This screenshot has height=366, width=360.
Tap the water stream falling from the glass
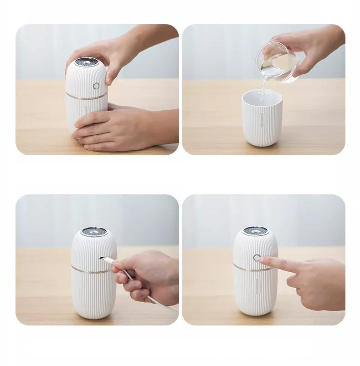(263, 89)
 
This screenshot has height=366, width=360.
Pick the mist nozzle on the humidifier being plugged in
(94, 231)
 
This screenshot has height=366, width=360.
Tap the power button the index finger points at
(257, 258)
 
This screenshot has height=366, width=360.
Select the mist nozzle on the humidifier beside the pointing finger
(255, 231)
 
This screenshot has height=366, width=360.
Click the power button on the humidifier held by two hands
(96, 86)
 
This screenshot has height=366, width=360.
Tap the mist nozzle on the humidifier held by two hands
(87, 61)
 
